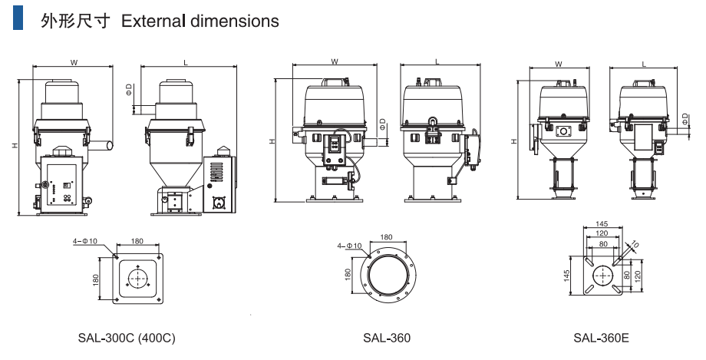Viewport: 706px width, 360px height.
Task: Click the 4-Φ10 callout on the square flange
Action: [87, 241]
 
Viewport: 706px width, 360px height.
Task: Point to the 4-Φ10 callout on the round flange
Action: [349, 246]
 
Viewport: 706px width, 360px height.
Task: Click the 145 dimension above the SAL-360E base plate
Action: [602, 224]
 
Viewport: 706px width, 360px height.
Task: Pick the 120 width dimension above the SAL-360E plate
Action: [602, 233]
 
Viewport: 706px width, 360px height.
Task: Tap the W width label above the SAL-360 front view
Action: [335, 61]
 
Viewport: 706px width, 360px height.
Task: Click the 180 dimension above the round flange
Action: [386, 237]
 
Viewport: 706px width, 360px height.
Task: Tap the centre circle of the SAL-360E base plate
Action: [602, 274]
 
